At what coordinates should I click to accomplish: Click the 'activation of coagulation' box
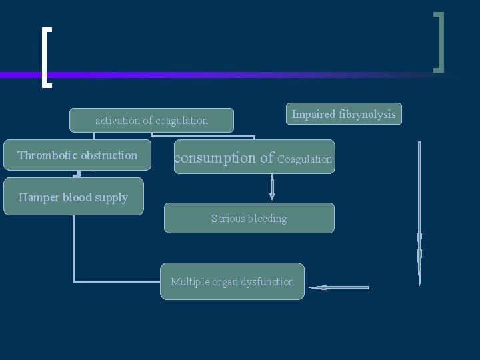(x=152, y=121)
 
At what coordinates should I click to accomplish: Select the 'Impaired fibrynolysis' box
(x=343, y=115)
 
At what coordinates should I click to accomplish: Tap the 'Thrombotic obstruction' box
(x=77, y=155)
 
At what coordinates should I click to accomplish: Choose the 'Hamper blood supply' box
(x=73, y=197)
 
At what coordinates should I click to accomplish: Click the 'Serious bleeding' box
(x=249, y=218)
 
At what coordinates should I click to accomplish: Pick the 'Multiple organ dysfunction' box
(x=232, y=281)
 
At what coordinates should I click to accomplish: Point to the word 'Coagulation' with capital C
(x=305, y=159)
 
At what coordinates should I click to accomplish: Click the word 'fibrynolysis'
(x=367, y=115)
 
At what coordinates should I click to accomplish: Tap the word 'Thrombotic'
(x=47, y=155)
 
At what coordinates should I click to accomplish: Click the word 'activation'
(x=117, y=121)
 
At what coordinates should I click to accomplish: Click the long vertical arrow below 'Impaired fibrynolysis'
(x=419, y=213)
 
